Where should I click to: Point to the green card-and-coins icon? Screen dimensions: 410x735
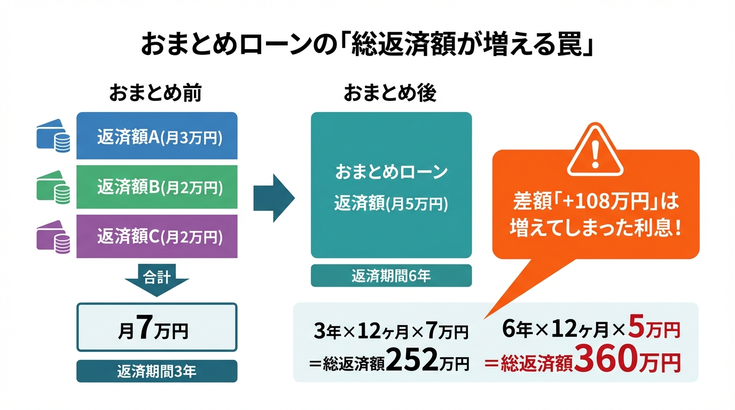[x=53, y=188]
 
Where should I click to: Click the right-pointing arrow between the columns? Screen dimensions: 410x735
[x=273, y=196]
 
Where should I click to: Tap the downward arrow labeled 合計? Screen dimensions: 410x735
[x=157, y=278]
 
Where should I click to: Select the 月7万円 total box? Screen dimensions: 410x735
[x=157, y=327]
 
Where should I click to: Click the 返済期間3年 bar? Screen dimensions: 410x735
[x=157, y=371]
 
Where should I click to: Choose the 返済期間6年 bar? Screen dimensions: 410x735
[x=391, y=275]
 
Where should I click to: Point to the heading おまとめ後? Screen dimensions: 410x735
[x=390, y=93]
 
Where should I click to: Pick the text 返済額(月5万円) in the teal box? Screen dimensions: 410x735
[x=391, y=203]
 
